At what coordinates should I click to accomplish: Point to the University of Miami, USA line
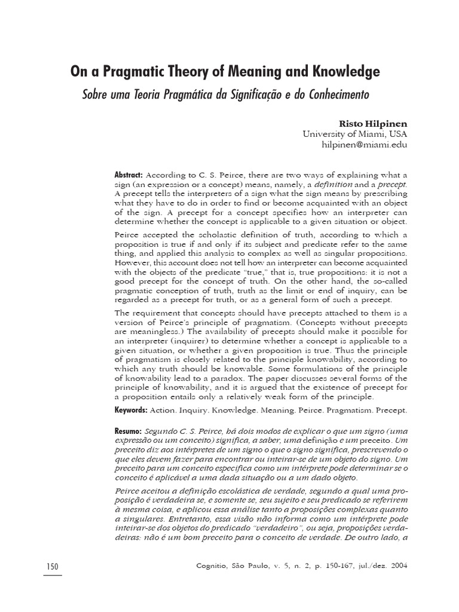click(355, 134)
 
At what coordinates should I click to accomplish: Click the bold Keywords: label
click(131, 410)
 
